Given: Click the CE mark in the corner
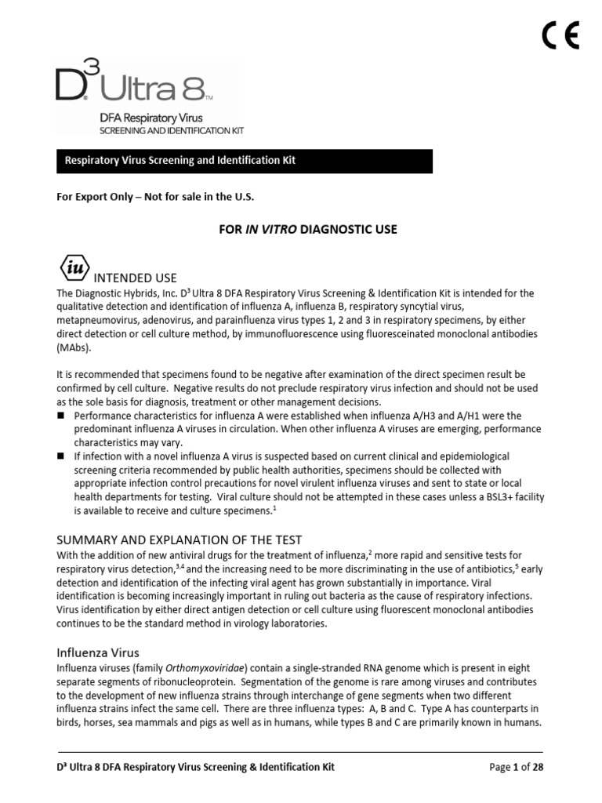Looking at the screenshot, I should (560, 35).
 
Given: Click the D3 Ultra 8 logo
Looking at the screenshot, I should (133, 85).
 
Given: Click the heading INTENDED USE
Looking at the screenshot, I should (135, 278).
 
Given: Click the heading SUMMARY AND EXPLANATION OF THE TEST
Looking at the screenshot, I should (179, 540).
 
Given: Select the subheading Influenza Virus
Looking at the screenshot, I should (98, 652).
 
